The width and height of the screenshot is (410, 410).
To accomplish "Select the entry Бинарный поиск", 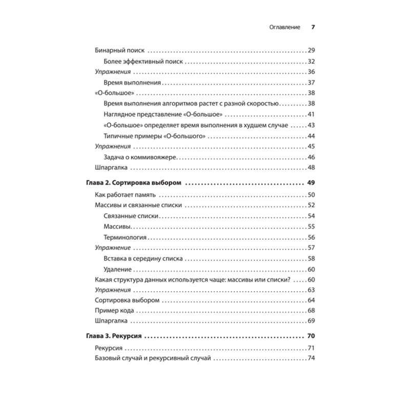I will [119, 51].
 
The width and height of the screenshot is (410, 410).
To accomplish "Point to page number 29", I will [311, 51].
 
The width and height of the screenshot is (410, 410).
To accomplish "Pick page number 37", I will [311, 83].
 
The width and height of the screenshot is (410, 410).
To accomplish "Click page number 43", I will [311, 125].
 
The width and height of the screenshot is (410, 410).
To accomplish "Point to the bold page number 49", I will [311, 183].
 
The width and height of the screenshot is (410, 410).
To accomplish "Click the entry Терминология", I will [125, 238].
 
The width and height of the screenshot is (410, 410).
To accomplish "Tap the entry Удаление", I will [117, 270].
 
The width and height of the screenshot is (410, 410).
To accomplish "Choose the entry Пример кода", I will [115, 311].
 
